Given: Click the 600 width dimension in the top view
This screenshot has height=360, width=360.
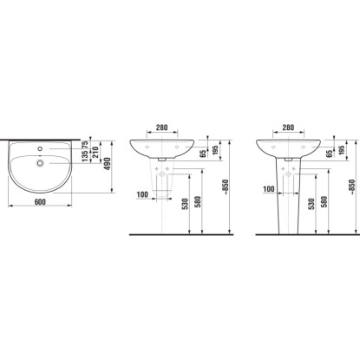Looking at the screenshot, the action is point(40,202).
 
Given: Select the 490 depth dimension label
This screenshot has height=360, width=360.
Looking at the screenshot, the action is point(108,164).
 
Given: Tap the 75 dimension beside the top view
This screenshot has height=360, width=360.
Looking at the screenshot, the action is point(85,145).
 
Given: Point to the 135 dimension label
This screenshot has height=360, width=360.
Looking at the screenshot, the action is point(85,156).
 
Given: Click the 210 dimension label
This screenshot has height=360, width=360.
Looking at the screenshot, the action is point(95,152).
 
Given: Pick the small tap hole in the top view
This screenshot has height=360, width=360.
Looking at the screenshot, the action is point(40,148).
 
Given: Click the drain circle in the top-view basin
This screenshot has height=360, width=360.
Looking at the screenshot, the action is point(40,163).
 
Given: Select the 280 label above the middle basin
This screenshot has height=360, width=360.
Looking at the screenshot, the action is point(161,128).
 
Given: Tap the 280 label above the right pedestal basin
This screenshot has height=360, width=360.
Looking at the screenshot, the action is point(288,128).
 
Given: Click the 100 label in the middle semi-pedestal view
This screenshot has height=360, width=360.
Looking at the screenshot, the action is point(142,194).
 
